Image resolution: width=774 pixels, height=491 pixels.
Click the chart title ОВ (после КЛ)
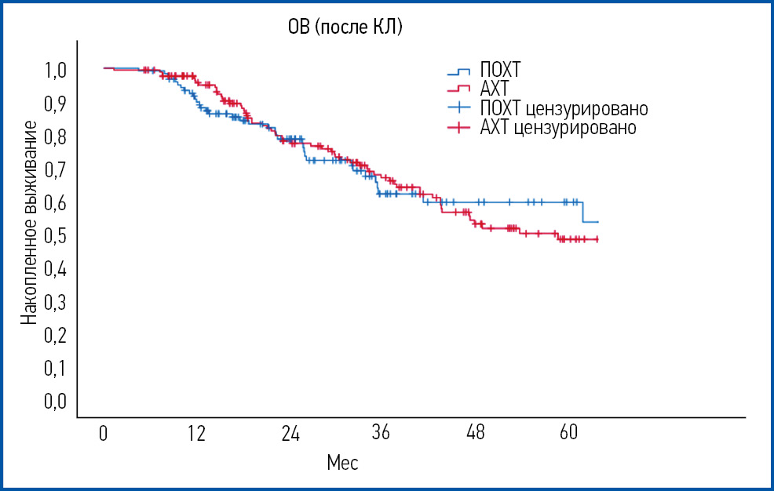point(345,29)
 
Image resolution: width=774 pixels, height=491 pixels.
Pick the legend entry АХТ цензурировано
point(557,127)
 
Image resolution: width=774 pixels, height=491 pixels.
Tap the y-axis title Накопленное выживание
point(29,224)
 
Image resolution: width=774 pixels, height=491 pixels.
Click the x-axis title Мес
point(342,464)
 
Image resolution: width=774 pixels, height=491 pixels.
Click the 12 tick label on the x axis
point(196,433)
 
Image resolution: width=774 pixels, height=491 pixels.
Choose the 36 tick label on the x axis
point(382,433)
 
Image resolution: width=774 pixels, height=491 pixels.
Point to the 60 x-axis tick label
point(568,433)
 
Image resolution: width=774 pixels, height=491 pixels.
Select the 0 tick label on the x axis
point(104,433)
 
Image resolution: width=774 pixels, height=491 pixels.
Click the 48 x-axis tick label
point(475,433)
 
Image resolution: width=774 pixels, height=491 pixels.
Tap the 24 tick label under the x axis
point(290,433)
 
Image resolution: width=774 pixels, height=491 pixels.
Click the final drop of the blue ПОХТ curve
point(582,212)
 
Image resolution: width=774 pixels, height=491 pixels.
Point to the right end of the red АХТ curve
point(598,239)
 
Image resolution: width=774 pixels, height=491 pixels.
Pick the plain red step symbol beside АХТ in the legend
point(458,89)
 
